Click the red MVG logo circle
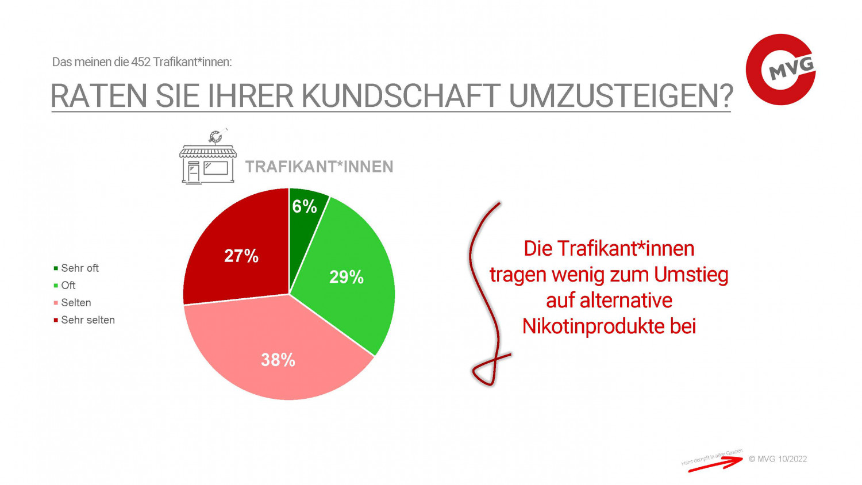(x=780, y=70)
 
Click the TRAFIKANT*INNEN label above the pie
(x=319, y=167)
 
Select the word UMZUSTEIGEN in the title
(x=621, y=96)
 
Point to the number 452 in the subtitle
(x=141, y=62)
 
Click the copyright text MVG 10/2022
(x=778, y=459)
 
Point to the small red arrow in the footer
(x=715, y=464)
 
